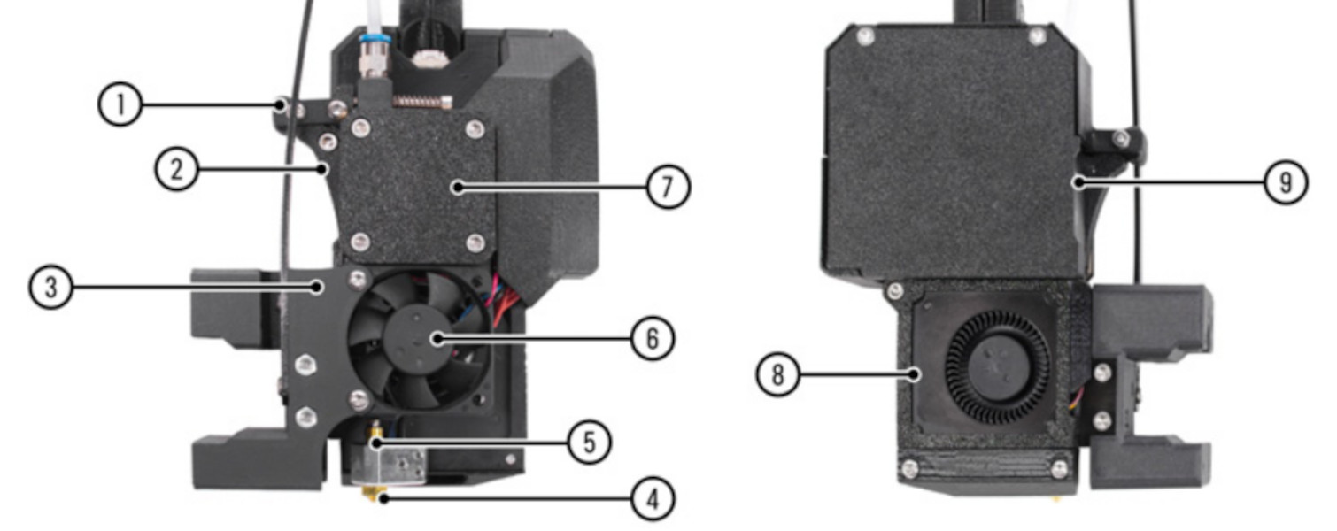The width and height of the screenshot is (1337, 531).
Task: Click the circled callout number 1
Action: [120, 105]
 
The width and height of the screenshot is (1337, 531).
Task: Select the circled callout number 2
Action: [177, 169]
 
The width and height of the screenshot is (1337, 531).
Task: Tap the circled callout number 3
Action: [50, 287]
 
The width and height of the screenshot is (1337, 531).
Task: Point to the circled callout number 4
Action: [653, 499]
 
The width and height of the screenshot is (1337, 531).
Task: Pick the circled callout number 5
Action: [589, 442]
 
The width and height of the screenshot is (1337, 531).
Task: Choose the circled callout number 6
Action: [653, 339]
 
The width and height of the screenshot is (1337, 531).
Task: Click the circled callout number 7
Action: [668, 187]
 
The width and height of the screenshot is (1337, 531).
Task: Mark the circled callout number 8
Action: [778, 374]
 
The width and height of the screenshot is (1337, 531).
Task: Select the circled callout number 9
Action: [1286, 182]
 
